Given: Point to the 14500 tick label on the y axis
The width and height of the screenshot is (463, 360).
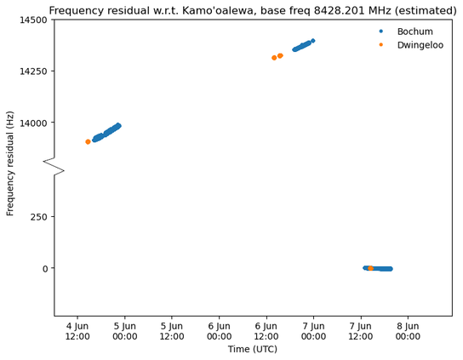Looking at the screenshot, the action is point(33,20).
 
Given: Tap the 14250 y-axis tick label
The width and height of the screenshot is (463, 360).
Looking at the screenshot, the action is point(33,71).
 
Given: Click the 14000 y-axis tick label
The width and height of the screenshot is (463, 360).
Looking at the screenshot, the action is point(33,123).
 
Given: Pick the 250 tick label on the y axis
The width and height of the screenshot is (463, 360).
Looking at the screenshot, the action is point(39,217).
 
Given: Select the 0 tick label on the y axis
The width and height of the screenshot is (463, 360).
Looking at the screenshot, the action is point(45,269).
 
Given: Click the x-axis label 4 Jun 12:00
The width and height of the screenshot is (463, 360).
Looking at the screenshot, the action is point(77,331).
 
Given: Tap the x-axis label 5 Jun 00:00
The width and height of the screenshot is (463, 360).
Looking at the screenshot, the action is point(124,331).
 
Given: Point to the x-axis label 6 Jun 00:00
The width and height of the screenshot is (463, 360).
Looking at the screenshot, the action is point(219,331).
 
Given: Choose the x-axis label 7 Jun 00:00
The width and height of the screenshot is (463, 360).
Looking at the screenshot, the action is point(313,331).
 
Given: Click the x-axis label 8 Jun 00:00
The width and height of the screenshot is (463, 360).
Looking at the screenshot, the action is point(408,331).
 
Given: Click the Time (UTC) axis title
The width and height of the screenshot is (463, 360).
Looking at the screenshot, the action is point(253,350).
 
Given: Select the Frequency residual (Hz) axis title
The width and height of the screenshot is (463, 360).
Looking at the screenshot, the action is point(10,163).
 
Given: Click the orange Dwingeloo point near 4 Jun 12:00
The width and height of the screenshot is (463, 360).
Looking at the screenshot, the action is point(88,142).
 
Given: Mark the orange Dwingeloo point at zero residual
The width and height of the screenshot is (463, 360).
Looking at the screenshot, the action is point(370,268).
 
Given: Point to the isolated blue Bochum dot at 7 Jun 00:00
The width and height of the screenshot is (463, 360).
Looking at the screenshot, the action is point(313,41).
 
